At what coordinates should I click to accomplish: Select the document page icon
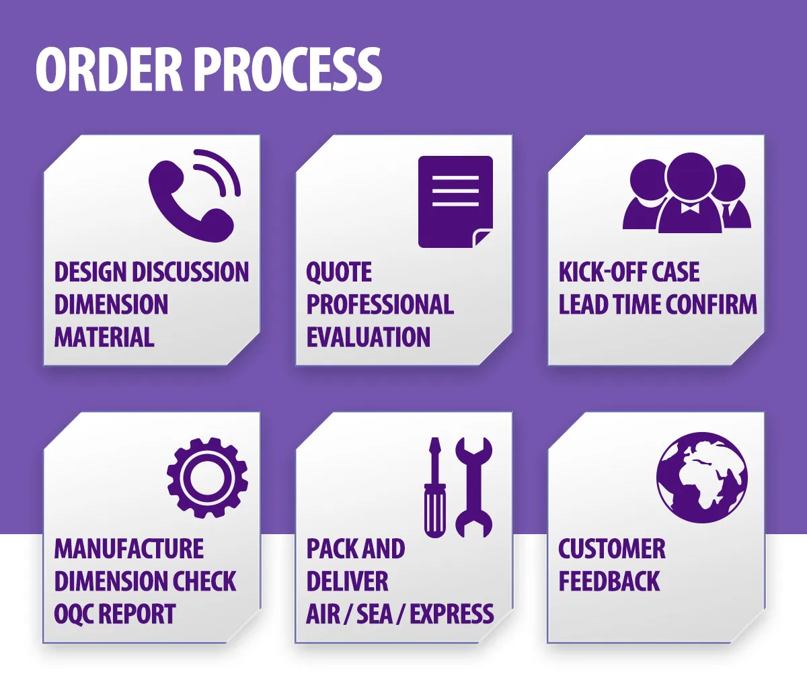click(x=455, y=202)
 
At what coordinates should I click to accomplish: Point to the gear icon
click(x=207, y=478)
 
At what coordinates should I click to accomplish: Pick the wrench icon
click(x=474, y=487)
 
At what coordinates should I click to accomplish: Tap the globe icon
click(x=701, y=477)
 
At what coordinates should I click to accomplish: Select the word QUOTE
click(x=339, y=272)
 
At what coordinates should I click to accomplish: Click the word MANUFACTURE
click(x=129, y=549)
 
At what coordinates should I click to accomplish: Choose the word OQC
click(x=74, y=614)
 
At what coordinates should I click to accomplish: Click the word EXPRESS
click(x=452, y=614)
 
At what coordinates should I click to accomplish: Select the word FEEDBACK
click(x=609, y=581)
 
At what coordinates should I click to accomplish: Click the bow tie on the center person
click(x=690, y=208)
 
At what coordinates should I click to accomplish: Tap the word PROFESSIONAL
click(x=380, y=304)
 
